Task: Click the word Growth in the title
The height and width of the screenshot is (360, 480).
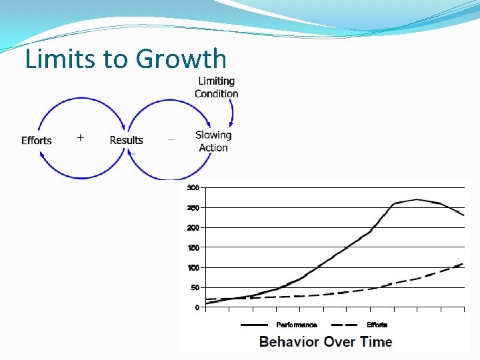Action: pyautogui.click(x=181, y=59)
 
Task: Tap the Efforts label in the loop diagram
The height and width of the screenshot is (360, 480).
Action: pyautogui.click(x=37, y=140)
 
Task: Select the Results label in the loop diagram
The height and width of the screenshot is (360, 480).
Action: pyautogui.click(x=126, y=140)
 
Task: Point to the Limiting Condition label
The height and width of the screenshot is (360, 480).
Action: pyautogui.click(x=216, y=87)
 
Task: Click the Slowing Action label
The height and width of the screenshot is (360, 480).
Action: pyautogui.click(x=213, y=141)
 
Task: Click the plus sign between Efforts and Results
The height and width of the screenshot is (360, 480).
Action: pyautogui.click(x=81, y=137)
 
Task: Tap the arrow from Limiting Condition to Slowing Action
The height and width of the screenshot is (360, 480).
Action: pyautogui.click(x=231, y=113)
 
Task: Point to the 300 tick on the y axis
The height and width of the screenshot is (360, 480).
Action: pyautogui.click(x=193, y=187)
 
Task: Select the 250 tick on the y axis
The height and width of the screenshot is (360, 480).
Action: pyautogui.click(x=193, y=207)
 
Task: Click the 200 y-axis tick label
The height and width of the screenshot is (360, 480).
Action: pyautogui.click(x=193, y=227)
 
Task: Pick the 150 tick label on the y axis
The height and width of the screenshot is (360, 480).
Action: pyautogui.click(x=193, y=247)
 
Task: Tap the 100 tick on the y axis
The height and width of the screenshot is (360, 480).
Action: pyautogui.click(x=193, y=267)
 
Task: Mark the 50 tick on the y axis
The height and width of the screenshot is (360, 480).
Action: pyautogui.click(x=194, y=287)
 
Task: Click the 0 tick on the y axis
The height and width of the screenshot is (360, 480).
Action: pyautogui.click(x=196, y=307)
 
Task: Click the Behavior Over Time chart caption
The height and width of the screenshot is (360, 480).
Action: pyautogui.click(x=325, y=342)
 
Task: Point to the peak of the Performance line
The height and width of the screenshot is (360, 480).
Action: pyautogui.click(x=417, y=199)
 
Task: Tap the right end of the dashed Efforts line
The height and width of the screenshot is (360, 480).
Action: pyautogui.click(x=463, y=264)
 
